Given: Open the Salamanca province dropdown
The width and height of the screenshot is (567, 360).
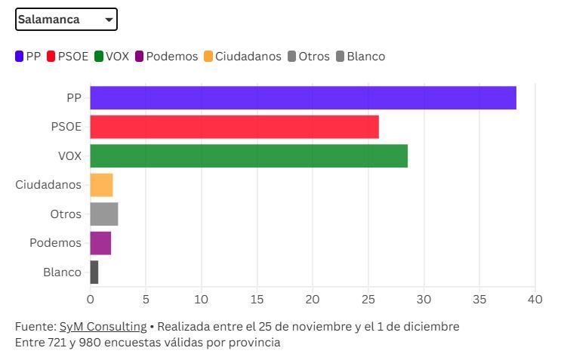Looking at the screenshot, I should pyautogui.click(x=66, y=20).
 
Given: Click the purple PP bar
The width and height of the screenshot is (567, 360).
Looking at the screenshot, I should pyautogui.click(x=303, y=98).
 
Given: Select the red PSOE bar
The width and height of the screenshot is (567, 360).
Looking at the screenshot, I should pyautogui.click(x=234, y=127).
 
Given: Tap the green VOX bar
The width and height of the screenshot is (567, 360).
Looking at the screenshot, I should pyautogui.click(x=248, y=155).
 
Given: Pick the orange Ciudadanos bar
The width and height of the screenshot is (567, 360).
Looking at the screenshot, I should pyautogui.click(x=101, y=185).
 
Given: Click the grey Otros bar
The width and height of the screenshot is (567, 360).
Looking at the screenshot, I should pyautogui.click(x=104, y=214).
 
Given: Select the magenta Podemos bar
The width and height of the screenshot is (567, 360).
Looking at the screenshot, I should pyautogui.click(x=100, y=243).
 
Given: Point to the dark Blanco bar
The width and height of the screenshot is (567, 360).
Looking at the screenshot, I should pyautogui.click(x=94, y=272).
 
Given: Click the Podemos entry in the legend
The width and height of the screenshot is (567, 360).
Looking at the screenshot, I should pyautogui.click(x=165, y=57).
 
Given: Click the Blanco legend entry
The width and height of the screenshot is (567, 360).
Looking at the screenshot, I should pyautogui.click(x=360, y=57).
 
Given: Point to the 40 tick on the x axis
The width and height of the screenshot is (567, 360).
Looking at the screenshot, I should pyautogui.click(x=535, y=299).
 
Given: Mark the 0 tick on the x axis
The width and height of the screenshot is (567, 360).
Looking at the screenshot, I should pyautogui.click(x=90, y=299).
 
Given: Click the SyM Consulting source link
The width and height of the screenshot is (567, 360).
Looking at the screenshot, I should pyautogui.click(x=103, y=327).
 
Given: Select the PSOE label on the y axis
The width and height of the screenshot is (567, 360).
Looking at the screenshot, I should pyautogui.click(x=66, y=127).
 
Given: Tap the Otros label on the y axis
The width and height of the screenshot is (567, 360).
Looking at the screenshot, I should pyautogui.click(x=66, y=214).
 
